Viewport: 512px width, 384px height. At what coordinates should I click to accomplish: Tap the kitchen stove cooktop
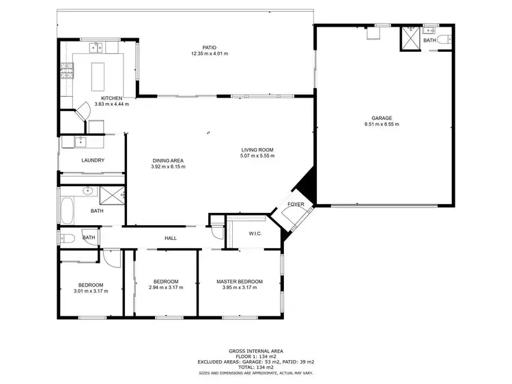tap(68, 70)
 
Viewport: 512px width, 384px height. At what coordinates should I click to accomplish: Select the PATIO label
tap(199, 46)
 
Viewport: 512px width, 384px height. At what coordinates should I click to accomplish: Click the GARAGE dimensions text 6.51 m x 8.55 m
tap(382, 124)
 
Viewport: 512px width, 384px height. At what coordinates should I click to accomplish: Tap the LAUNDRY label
tap(92, 160)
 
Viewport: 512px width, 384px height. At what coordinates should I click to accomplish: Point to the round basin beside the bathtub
tap(87, 192)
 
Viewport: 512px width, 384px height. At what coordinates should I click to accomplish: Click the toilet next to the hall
tap(68, 238)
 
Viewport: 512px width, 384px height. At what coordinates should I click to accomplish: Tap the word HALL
tap(171, 238)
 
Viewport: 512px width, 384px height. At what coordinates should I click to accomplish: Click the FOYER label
tap(295, 205)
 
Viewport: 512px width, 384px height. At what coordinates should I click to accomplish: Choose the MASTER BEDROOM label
tap(240, 282)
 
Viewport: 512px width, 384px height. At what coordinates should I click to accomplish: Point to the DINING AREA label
tap(168, 160)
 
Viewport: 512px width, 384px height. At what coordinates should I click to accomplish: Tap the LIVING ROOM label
tap(257, 149)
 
